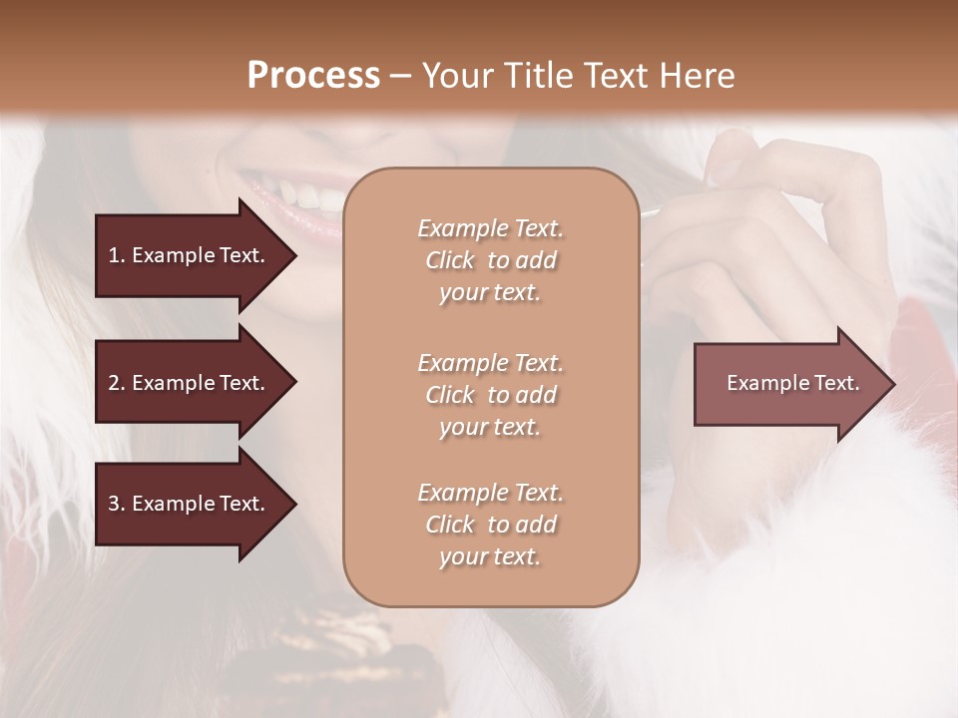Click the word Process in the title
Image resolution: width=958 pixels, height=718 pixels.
pyautogui.click(x=313, y=76)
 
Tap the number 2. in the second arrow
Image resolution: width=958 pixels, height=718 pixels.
pyautogui.click(x=117, y=383)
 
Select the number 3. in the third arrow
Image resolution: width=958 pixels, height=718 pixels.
pyautogui.click(x=117, y=504)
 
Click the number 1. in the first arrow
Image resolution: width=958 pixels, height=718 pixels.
pyautogui.click(x=116, y=255)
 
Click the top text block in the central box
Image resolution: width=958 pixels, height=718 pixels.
pyautogui.click(x=490, y=260)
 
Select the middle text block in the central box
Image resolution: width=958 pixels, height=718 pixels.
pyautogui.click(x=490, y=395)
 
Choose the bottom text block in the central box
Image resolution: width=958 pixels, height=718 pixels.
pyautogui.click(x=490, y=525)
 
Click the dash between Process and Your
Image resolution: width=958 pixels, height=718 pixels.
pyautogui.click(x=401, y=77)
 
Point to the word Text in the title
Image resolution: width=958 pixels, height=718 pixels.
pyautogui.click(x=611, y=76)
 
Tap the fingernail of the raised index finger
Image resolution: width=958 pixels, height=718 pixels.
pyautogui.click(x=725, y=166)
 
